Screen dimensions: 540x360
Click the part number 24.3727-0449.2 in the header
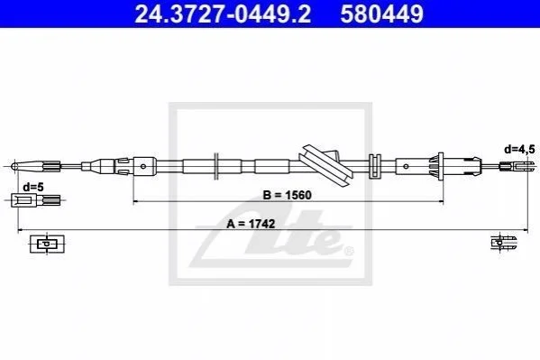click(x=223, y=14)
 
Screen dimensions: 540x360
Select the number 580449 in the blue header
click(x=381, y=14)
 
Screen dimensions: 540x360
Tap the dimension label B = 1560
click(x=287, y=195)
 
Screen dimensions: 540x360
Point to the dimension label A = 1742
click(x=251, y=224)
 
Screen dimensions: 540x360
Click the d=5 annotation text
click(x=33, y=188)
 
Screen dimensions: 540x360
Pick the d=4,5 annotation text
click(x=519, y=149)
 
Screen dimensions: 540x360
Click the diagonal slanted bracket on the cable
click(x=325, y=165)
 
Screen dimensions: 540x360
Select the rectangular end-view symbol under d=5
click(x=47, y=244)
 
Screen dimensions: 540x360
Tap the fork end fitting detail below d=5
click(x=36, y=200)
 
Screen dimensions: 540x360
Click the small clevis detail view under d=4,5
click(x=504, y=243)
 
